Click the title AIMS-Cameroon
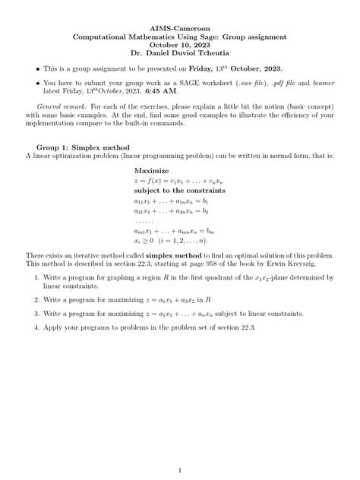tap(179, 25)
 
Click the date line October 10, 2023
tap(179, 44)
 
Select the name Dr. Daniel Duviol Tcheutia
tap(179, 53)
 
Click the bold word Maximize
tap(151, 171)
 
